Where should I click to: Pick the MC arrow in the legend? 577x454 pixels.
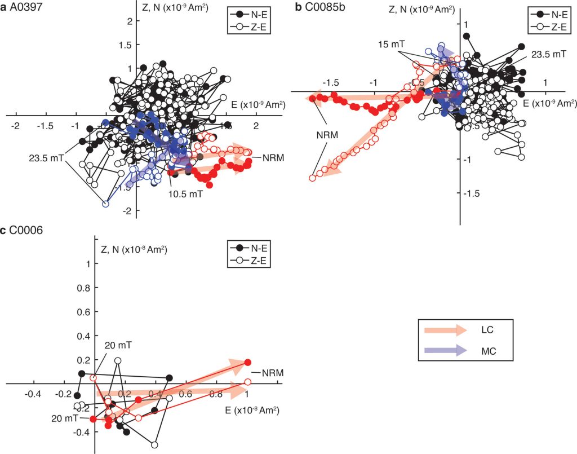445,351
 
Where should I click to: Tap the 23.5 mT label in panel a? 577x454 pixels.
46,158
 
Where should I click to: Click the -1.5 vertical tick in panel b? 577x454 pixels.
472,193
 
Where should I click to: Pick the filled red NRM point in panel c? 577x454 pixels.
247,363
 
